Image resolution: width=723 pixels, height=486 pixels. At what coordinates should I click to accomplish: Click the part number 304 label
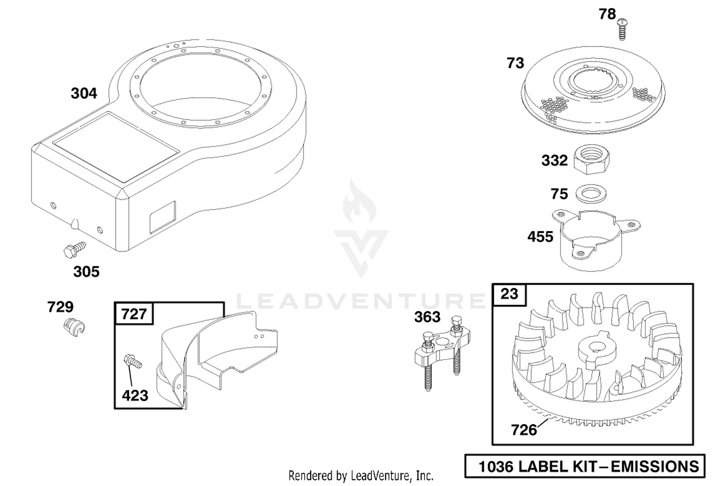[x=84, y=93]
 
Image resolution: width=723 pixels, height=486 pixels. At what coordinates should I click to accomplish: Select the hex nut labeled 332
[x=591, y=159]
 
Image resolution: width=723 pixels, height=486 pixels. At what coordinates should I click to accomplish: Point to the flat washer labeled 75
[x=591, y=194]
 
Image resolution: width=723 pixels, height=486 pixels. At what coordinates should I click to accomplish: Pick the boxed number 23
[x=509, y=294]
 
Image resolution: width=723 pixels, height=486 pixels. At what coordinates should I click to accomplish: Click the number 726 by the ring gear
[x=524, y=430]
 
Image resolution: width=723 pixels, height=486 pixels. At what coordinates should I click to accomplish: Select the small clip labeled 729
[x=74, y=327]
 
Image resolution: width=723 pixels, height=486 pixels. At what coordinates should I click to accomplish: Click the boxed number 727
[x=134, y=314]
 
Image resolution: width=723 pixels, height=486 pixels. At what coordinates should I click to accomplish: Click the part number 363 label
[x=428, y=317]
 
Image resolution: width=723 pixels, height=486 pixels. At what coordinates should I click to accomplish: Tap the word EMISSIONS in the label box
[x=655, y=467]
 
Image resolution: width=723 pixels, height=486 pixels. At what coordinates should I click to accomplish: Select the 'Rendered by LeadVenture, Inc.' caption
[x=361, y=476]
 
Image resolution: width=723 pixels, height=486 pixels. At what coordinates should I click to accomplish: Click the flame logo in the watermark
[x=359, y=200]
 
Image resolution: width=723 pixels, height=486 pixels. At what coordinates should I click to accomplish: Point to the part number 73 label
[x=515, y=63]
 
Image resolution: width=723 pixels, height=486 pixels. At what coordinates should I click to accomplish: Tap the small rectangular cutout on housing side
[x=163, y=217]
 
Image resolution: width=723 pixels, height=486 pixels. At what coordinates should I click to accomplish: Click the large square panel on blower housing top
[x=116, y=147]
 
